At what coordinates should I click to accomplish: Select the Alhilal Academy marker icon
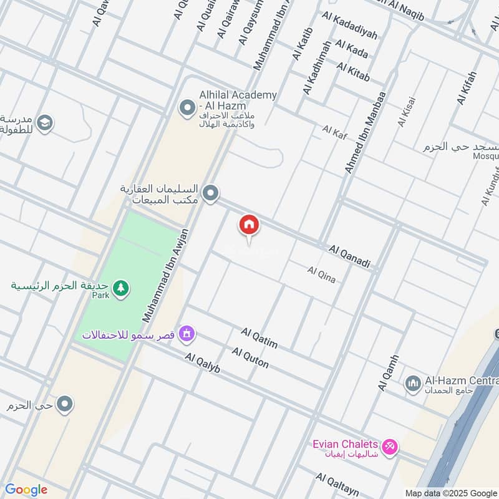[187, 108]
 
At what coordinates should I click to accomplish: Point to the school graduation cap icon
[44, 123]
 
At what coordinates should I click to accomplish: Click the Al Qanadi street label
[349, 257]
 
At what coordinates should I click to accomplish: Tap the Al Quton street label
[250, 358]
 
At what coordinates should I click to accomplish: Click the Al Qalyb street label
[203, 362]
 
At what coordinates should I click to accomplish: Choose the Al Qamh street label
[387, 373]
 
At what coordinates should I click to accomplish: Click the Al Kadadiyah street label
[350, 26]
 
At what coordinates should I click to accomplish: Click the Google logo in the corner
[26, 490]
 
